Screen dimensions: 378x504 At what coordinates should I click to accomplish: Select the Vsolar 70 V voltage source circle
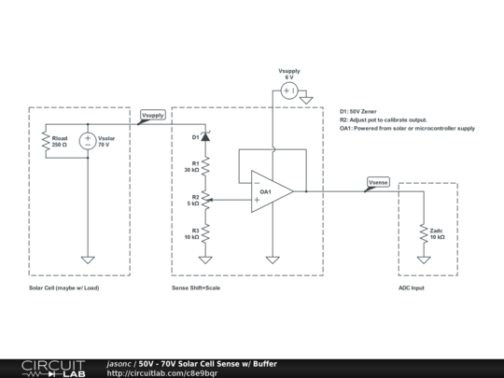pyautogui.click(x=88, y=141)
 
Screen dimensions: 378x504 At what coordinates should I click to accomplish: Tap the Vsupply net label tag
pyautogui.click(x=152, y=116)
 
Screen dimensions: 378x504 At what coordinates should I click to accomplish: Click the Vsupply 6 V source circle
pyautogui.click(x=288, y=91)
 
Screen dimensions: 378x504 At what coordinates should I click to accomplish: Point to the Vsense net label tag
pyautogui.click(x=377, y=182)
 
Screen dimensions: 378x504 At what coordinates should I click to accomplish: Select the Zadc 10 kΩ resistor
pyautogui.click(x=425, y=233)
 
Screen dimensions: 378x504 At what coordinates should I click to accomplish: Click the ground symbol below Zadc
pyautogui.click(x=425, y=259)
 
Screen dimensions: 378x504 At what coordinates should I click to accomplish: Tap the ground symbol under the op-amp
pyautogui.click(x=271, y=259)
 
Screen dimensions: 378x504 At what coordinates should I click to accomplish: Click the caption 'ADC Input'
pyautogui.click(x=411, y=288)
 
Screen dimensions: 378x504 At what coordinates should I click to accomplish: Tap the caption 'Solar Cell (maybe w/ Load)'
pyautogui.click(x=64, y=288)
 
